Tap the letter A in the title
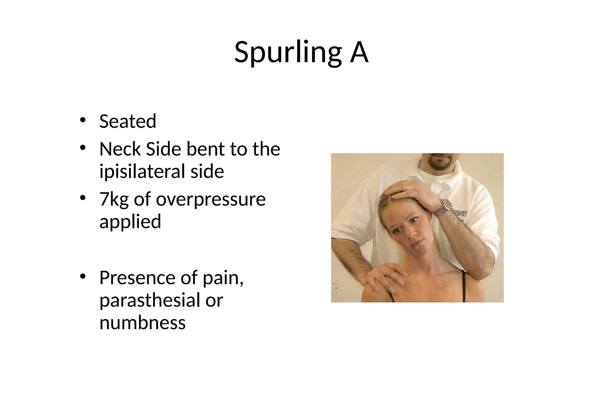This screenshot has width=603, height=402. pyautogui.click(x=359, y=52)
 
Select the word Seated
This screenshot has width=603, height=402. pyautogui.click(x=127, y=121)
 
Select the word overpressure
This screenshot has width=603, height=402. pyautogui.click(x=211, y=200)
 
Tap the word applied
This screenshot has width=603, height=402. pyautogui.click(x=130, y=221)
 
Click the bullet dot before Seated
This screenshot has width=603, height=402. pyautogui.click(x=83, y=120)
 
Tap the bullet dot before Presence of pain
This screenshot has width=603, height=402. pyautogui.click(x=83, y=276)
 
